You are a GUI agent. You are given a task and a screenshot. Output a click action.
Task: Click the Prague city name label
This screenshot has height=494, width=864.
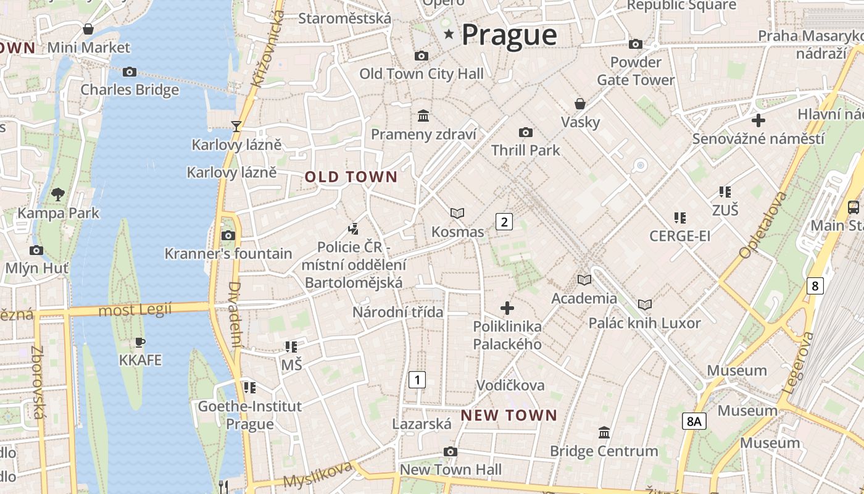point(509,35)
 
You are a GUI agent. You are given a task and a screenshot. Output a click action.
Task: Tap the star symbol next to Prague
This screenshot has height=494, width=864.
point(449,35)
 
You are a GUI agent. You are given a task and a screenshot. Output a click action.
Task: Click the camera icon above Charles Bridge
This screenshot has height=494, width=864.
point(129,72)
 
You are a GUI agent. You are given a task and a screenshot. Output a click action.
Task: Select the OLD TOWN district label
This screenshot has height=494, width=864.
point(351,177)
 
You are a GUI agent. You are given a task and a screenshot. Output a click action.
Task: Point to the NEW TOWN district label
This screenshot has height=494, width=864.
point(509,416)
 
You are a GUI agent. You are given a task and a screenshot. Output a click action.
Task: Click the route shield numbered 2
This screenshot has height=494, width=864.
point(504,222)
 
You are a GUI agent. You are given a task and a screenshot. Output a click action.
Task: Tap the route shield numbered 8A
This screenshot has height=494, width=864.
point(694,422)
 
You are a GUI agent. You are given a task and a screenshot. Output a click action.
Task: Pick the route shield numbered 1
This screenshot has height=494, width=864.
point(417,379)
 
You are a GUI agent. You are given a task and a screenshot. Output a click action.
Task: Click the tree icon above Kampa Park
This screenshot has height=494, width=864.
point(58,195)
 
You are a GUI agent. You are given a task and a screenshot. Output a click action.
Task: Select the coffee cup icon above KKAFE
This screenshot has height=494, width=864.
point(140,342)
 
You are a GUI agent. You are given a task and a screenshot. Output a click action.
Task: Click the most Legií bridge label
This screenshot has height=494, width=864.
point(135,310)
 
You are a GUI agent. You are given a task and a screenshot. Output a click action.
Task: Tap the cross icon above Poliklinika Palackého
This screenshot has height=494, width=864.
point(507,308)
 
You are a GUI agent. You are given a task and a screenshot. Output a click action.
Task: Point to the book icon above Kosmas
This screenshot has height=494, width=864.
point(457,213)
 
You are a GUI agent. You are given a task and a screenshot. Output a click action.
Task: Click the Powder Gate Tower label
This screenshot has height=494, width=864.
point(636,71)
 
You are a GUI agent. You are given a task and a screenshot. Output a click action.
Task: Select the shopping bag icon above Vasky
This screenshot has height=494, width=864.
point(579,103)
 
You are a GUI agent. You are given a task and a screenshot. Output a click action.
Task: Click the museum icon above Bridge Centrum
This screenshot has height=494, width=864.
point(604,432)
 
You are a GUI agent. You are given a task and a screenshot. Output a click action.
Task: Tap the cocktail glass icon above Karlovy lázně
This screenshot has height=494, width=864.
point(236,127)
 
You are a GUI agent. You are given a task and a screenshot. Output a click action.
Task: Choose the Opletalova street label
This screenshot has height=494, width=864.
point(763,225)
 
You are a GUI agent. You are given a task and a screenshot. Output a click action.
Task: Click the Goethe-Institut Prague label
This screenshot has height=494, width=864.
point(249,415)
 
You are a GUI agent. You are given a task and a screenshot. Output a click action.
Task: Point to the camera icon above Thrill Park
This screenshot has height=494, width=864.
point(526,132)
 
